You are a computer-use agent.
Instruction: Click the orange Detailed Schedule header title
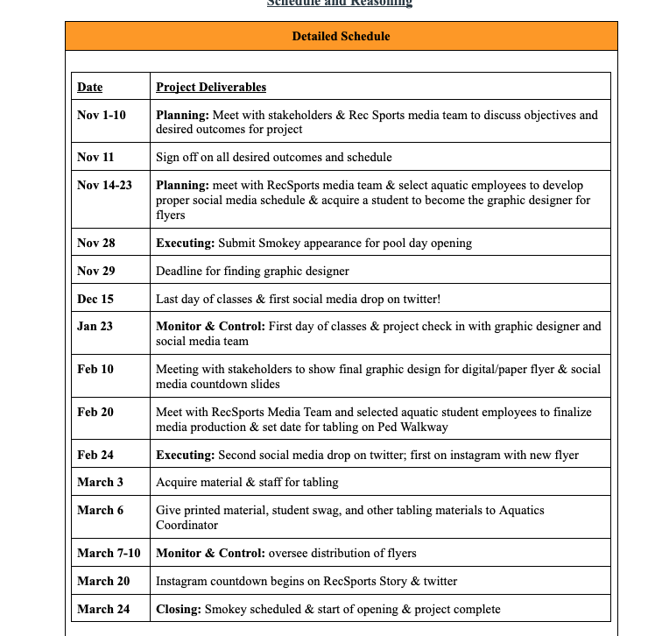pyautogui.click(x=341, y=36)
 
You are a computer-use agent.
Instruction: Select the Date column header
pyautogui.click(x=89, y=87)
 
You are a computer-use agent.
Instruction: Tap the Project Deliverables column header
pyautogui.click(x=211, y=87)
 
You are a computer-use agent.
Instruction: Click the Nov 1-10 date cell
pyautogui.click(x=102, y=115)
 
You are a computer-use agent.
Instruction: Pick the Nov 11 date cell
pyautogui.click(x=95, y=157)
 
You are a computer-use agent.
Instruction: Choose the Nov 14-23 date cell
pyautogui.click(x=104, y=186)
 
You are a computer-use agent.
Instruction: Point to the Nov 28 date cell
pyautogui.click(x=95, y=243)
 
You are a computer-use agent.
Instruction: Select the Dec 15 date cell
pyautogui.click(x=95, y=299)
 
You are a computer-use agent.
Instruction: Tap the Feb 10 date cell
pyautogui.click(x=95, y=369)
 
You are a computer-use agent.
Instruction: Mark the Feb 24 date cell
pyautogui.click(x=95, y=455)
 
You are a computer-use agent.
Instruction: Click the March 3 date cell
pyautogui.click(x=100, y=482)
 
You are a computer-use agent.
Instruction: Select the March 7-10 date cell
pyautogui.click(x=109, y=553)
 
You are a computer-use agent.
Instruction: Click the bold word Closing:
pyautogui.click(x=179, y=609)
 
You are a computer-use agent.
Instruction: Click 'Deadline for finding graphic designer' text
pyautogui.click(x=252, y=271)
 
